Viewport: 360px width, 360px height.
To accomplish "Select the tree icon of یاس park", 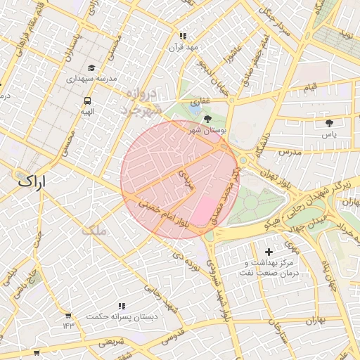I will click(x=330, y=123).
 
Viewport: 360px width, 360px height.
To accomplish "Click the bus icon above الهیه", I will click(x=87, y=101).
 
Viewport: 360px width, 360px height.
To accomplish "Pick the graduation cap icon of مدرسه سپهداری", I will click(x=91, y=68).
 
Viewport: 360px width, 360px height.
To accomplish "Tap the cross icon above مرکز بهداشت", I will click(x=269, y=251).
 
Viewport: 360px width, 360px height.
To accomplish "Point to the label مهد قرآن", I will click(x=184, y=47).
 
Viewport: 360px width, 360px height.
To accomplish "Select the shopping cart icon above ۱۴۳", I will click(x=68, y=316).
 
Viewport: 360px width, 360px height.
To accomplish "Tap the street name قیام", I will click(x=310, y=86).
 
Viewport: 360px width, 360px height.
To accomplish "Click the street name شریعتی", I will click(x=110, y=342).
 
